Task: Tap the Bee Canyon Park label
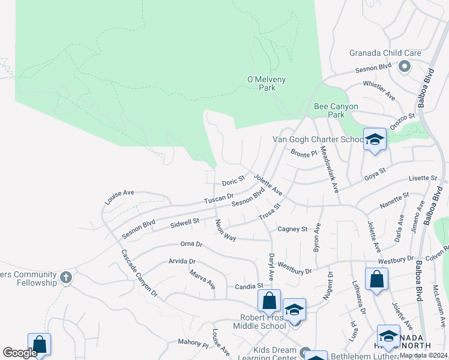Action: [x=336, y=110]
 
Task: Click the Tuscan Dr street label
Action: [x=218, y=198]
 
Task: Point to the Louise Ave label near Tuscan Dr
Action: [x=120, y=197]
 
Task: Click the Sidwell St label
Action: [x=184, y=223]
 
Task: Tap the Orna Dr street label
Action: [x=191, y=244]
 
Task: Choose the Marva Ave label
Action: [x=203, y=280]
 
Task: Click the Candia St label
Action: [x=249, y=286]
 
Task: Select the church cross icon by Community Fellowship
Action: [x=66, y=278]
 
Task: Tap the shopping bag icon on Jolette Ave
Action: [x=376, y=279]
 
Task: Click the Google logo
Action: [x=20, y=353]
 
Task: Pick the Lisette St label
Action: [x=423, y=178]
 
